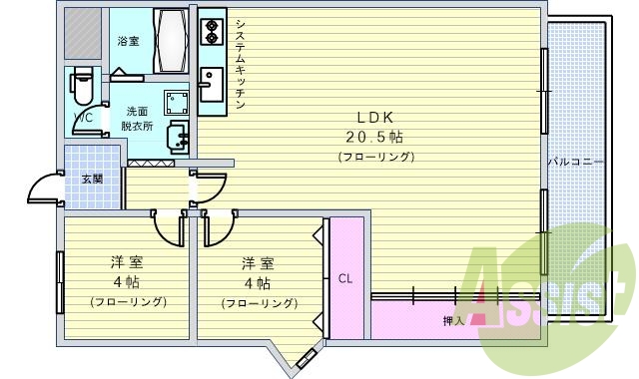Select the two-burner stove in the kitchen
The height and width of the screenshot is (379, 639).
[212, 34]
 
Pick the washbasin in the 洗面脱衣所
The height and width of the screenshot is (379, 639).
[178, 136]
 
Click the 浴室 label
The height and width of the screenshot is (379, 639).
[128, 41]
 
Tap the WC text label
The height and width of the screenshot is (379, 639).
[84, 118]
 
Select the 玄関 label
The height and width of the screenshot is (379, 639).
[92, 180]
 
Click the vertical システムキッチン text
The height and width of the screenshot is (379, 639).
[241, 63]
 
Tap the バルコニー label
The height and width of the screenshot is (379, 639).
[575, 162]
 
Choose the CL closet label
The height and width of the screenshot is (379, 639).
[344, 278]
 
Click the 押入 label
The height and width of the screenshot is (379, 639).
[453, 321]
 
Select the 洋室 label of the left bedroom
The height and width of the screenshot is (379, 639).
[126, 262]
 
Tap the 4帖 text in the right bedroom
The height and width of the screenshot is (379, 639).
[258, 282]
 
